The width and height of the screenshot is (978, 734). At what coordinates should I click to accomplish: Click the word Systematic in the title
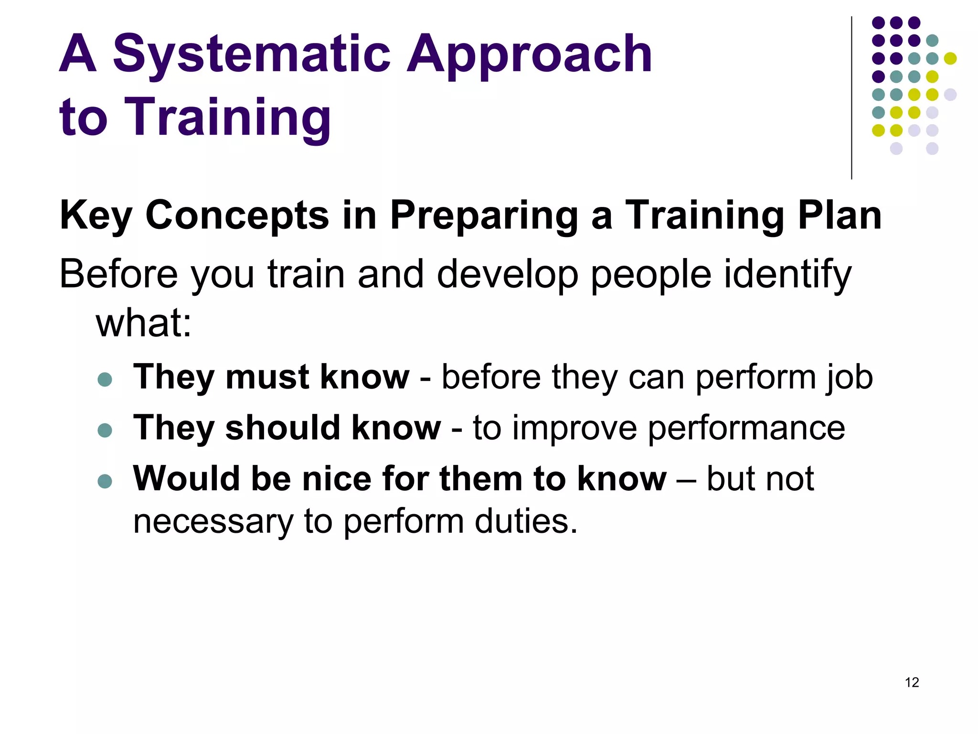click(252, 54)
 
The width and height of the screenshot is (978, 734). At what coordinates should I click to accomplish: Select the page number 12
click(912, 682)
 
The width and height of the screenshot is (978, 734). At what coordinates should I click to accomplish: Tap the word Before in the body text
click(118, 274)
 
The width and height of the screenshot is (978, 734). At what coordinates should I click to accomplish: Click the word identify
click(787, 275)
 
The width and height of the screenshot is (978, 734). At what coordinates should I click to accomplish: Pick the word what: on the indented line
click(144, 323)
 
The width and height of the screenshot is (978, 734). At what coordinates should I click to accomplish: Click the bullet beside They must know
click(105, 379)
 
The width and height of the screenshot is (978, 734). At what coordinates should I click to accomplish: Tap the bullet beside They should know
click(105, 430)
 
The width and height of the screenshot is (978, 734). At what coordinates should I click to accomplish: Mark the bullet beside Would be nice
click(105, 481)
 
